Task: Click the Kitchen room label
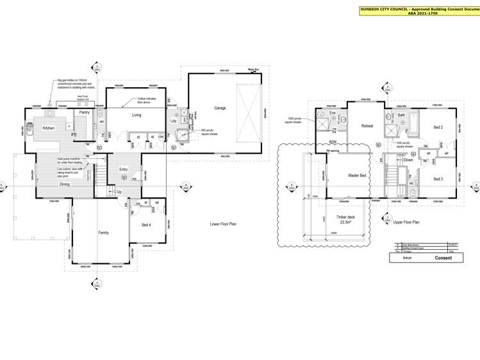coord(49,128)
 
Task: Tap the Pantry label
coord(85,112)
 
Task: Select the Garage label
coord(220,108)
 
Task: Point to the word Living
coord(137,115)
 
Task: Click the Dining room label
coord(65,184)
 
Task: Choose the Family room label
coord(103,233)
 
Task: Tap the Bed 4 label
coord(146,225)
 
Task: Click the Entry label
coord(124,170)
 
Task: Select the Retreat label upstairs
coord(367,126)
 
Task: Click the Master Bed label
coord(357,175)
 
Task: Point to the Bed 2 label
coord(438,127)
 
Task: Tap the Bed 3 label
coord(438,179)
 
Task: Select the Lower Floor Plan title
coord(223,224)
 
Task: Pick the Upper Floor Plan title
coord(406,222)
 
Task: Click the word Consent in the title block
coord(443,258)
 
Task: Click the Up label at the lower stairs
coord(119,192)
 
